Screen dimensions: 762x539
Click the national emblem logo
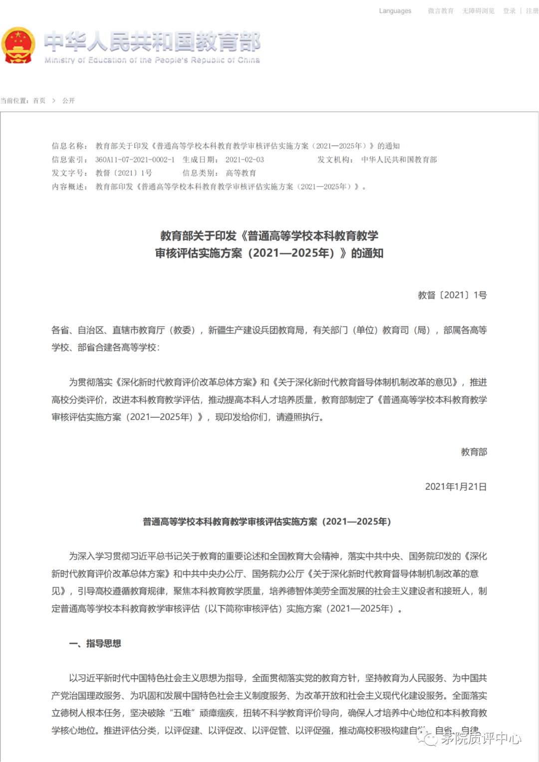(18, 45)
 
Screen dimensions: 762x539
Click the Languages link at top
(395, 11)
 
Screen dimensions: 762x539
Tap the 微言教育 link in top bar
(440, 11)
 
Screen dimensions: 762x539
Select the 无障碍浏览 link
(478, 11)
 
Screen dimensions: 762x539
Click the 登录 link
(509, 11)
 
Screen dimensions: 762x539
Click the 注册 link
(532, 11)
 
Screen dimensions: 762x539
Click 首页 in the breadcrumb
(39, 101)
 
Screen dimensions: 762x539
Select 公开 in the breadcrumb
(68, 101)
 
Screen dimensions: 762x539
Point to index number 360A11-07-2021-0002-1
(135, 160)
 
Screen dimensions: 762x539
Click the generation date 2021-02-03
(245, 160)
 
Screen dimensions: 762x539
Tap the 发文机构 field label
(335, 160)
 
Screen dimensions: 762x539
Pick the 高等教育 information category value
(241, 173)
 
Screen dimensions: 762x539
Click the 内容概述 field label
(69, 187)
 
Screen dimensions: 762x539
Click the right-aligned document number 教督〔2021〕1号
(452, 295)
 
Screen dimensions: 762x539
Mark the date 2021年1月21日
(456, 487)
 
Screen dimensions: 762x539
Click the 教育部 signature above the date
(474, 452)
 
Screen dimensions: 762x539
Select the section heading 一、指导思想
(95, 644)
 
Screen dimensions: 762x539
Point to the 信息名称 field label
(69, 146)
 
